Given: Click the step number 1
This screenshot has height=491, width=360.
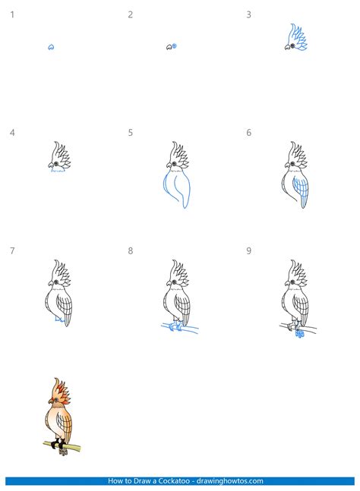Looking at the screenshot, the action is (12, 14).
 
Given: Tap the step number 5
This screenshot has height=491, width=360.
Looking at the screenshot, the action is (131, 133).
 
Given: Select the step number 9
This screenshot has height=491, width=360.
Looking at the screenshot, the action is (248, 251).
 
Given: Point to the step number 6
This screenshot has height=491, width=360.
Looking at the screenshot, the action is (248, 133).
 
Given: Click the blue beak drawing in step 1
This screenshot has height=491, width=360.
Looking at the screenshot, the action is (51, 47).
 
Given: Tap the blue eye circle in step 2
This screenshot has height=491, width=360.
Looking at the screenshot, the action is (175, 46).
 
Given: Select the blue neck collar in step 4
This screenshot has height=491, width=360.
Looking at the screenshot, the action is (58, 171).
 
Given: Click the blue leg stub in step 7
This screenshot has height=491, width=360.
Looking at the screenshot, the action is (59, 319).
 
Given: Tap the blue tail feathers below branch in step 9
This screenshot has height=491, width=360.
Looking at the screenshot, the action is (300, 334).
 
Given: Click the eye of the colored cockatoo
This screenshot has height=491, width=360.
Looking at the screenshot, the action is (56, 400).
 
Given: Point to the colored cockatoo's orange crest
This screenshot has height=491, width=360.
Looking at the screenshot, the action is (61, 390).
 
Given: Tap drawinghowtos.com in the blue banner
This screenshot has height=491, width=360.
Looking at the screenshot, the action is (229, 480).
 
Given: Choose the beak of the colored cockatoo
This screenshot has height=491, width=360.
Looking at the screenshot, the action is (50, 401).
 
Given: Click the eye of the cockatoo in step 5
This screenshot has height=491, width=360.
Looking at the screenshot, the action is (174, 164).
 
